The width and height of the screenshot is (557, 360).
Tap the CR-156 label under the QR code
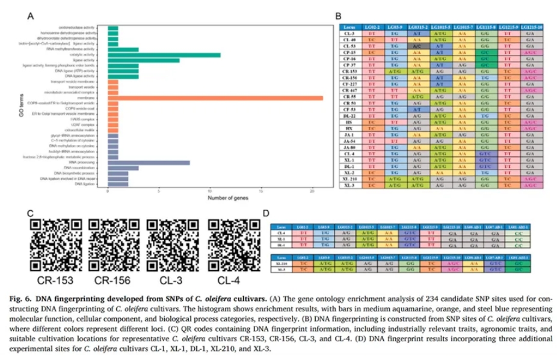[110, 281]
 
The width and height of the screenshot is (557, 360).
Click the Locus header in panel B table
[347, 28]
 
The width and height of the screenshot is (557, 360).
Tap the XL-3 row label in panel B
[347, 186]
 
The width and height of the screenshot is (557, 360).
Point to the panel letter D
[265, 213]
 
